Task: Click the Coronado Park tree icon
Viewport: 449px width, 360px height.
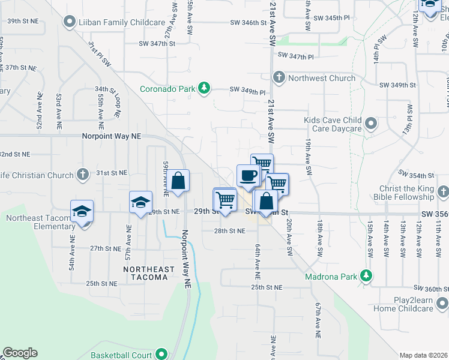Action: (204, 89)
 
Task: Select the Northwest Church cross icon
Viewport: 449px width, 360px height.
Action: (279, 78)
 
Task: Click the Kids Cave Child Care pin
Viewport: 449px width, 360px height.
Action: (371, 124)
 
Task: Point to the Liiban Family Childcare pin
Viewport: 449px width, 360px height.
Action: (69, 22)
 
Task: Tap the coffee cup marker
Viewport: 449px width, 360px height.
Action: (248, 176)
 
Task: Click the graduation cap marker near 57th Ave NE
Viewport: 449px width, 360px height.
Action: (140, 202)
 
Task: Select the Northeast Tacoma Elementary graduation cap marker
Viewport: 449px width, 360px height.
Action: (82, 211)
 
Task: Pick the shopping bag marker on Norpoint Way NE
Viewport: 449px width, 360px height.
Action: (178, 181)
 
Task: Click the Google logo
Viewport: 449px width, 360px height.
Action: (20, 353)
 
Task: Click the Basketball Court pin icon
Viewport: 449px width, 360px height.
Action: (160, 355)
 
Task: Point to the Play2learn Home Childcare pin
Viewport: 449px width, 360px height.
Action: (442, 304)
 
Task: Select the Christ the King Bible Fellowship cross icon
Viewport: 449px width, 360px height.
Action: (442, 193)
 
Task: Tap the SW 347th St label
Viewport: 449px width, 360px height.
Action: (157, 44)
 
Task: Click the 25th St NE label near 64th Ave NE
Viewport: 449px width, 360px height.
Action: (266, 288)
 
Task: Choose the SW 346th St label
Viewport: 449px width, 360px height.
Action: (248, 23)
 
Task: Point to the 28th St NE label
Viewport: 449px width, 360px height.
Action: (229, 231)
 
